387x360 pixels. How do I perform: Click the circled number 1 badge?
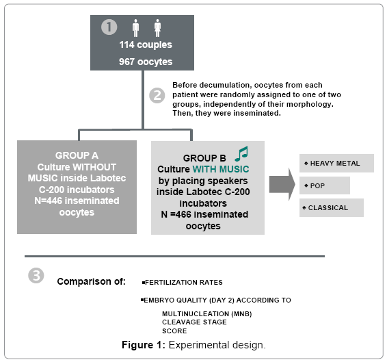pos(109,27)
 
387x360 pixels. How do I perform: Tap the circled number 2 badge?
pos(157,95)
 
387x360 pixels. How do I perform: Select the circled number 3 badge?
pos(36,276)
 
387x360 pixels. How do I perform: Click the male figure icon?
pos(135,28)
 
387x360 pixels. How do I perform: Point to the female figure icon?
pos(158,28)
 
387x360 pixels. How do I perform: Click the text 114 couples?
pos(146,45)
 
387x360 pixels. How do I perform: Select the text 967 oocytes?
pos(146,62)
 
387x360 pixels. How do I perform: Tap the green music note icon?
pos(241,154)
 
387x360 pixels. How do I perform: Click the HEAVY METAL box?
pos(336,163)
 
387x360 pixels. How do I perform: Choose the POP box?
pos(325,185)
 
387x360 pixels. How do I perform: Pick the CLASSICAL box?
pos(332,207)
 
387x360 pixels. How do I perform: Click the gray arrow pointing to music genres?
pos(282,184)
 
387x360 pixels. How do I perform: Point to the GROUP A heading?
pos(77,155)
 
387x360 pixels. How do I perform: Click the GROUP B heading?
pos(204,158)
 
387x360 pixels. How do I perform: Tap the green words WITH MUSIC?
pos(221,169)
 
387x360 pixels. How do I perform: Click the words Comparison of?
pos(92,281)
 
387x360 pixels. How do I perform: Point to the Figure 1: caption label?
pos(144,345)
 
